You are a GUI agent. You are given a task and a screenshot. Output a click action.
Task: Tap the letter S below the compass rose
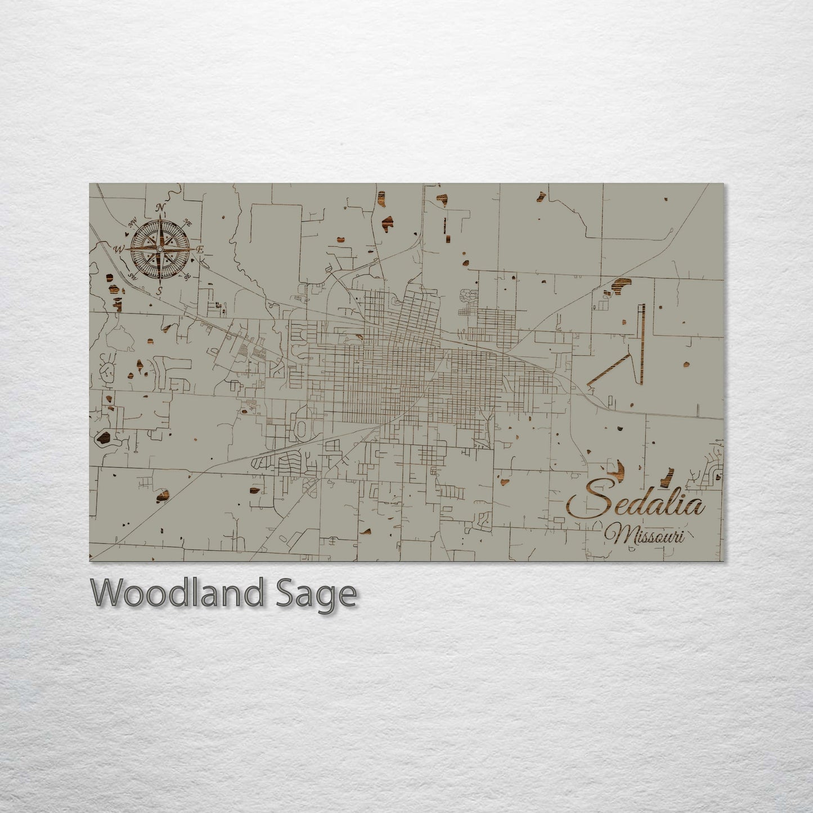(160, 290)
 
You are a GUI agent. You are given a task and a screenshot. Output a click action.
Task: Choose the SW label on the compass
(134, 276)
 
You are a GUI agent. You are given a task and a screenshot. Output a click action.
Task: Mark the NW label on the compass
(134, 224)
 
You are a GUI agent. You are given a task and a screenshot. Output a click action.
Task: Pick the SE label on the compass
(188, 275)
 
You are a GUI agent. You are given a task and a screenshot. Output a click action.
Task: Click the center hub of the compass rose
(160, 249)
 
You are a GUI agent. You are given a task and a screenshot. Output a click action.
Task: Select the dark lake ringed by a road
(104, 438)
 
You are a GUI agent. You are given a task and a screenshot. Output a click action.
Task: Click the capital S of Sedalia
(588, 500)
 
